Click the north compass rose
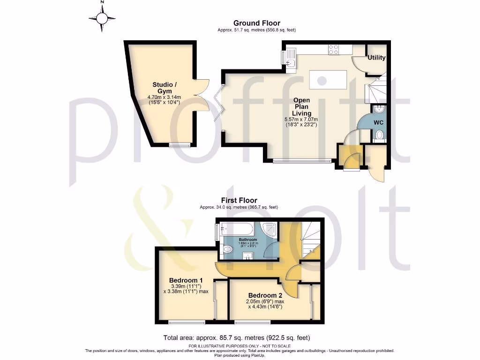tap(102, 18)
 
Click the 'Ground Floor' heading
tap(256, 23)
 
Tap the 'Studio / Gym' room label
tap(162, 88)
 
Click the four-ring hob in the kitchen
tap(334, 49)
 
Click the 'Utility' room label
tap(376, 58)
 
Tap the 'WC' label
tap(379, 122)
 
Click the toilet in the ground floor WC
tap(380, 135)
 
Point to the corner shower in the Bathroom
tap(269, 231)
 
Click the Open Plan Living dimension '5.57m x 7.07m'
tap(301, 120)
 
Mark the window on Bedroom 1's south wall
tap(187, 322)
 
